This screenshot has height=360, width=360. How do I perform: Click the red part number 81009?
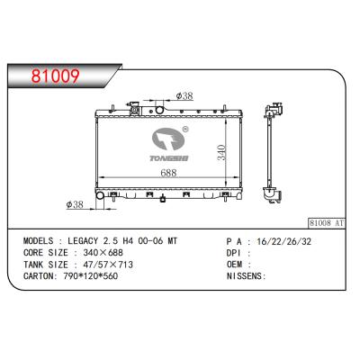(56, 76)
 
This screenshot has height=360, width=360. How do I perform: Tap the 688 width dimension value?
(168, 173)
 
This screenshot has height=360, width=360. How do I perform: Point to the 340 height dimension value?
(221, 152)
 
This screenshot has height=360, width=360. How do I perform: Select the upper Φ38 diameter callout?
(184, 96)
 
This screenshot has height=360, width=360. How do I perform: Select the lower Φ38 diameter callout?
(75, 204)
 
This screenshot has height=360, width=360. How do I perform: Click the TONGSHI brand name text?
(169, 158)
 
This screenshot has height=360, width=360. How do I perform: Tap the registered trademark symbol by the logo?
(185, 130)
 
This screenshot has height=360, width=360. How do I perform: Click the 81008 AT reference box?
(327, 223)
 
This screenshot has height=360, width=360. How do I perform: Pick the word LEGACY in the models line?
(83, 241)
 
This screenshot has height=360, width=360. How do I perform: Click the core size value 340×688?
(103, 253)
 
